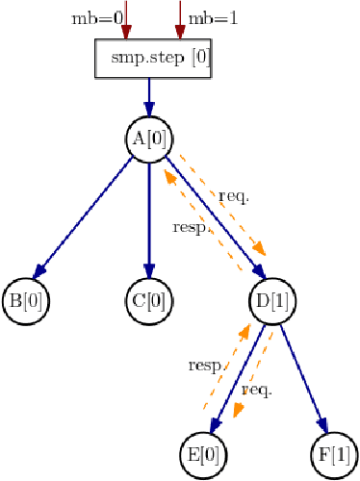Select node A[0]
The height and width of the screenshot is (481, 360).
[149, 139]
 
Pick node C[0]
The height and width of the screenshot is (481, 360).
[149, 298]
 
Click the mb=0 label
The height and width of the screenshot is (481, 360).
[97, 18]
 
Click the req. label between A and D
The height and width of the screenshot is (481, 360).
[234, 195]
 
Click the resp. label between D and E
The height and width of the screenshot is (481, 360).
[205, 366]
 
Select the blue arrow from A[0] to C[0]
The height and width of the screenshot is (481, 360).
[149, 219]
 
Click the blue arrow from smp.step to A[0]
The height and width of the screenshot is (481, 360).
[149, 96]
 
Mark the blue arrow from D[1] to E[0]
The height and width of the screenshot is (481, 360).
[240, 378]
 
